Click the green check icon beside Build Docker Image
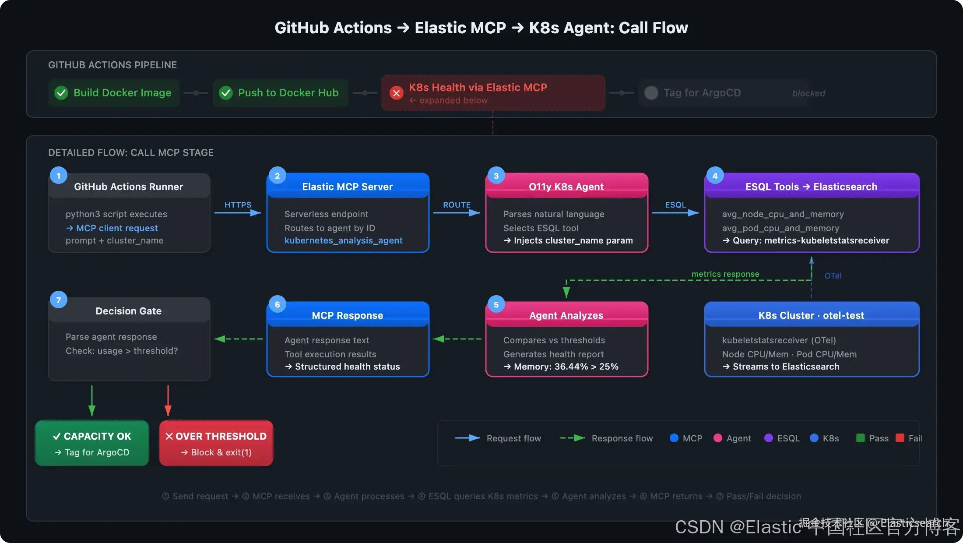point(61,93)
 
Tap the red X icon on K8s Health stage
point(397,93)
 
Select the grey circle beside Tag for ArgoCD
point(651,93)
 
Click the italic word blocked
point(808,93)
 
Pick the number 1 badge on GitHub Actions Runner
point(59,176)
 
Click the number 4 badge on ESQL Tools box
point(715,176)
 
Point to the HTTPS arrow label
point(238,205)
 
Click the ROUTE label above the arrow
point(457,205)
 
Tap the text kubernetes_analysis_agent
point(344,240)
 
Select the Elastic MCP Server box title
point(348,187)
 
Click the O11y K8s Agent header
point(566,187)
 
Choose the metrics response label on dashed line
point(725,274)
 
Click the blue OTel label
point(833,276)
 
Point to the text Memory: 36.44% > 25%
point(566,367)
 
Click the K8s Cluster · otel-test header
point(812,315)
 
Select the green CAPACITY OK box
point(92,443)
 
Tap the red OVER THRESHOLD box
point(216,443)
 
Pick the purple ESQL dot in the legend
point(768,438)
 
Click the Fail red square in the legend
point(900,438)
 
